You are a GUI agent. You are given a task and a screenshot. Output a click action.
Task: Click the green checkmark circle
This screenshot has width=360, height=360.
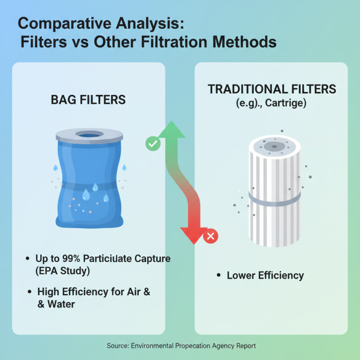pyautogui.click(x=153, y=144)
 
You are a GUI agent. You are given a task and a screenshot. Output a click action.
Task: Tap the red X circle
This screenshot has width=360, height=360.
pyautogui.click(x=210, y=236)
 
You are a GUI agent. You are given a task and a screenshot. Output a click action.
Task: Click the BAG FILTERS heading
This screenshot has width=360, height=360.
pyautogui.click(x=88, y=99)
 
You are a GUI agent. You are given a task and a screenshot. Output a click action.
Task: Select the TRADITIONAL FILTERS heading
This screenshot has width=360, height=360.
pyautogui.click(x=272, y=89)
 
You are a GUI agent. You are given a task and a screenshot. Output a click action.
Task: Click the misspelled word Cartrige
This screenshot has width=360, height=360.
pyautogui.click(x=285, y=103)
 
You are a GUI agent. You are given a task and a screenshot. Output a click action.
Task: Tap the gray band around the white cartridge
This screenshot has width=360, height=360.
pyautogui.click(x=274, y=198)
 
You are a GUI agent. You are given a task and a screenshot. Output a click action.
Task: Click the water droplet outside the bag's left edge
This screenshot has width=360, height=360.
pyautogui.click(x=55, y=167)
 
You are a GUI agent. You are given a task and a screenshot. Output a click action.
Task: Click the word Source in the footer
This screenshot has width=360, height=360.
pyautogui.click(x=117, y=346)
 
